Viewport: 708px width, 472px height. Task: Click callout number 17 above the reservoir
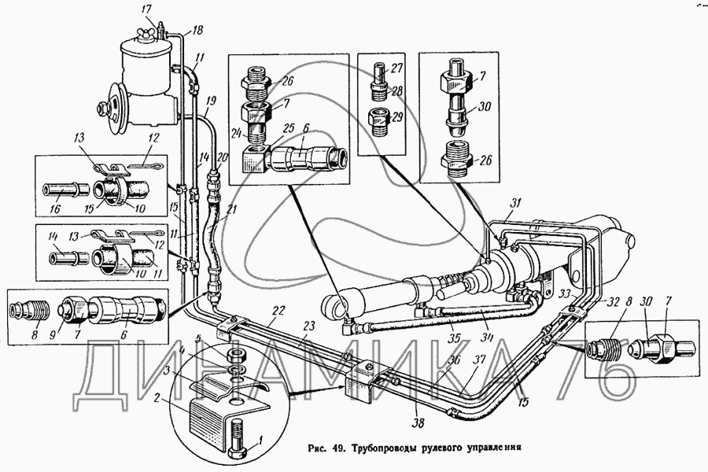(146, 9)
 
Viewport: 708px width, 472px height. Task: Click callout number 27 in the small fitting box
(398, 68)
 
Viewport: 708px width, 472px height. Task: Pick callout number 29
(398, 116)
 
